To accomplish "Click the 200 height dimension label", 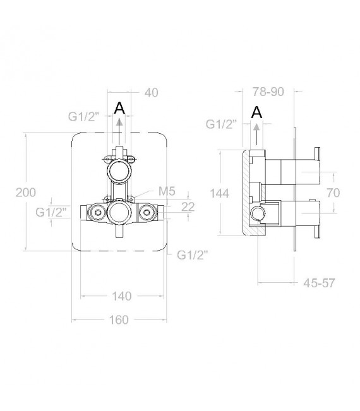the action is (26, 193).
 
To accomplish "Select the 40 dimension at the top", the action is (152, 93).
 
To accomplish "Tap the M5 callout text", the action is (167, 191).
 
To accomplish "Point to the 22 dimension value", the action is (188, 206).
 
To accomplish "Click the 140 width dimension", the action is (122, 296).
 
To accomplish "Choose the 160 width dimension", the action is (119, 320).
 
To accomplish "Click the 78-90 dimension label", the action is (268, 92).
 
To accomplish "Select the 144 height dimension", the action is (220, 193).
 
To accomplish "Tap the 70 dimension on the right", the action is (333, 193).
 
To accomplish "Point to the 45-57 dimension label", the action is (320, 283).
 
